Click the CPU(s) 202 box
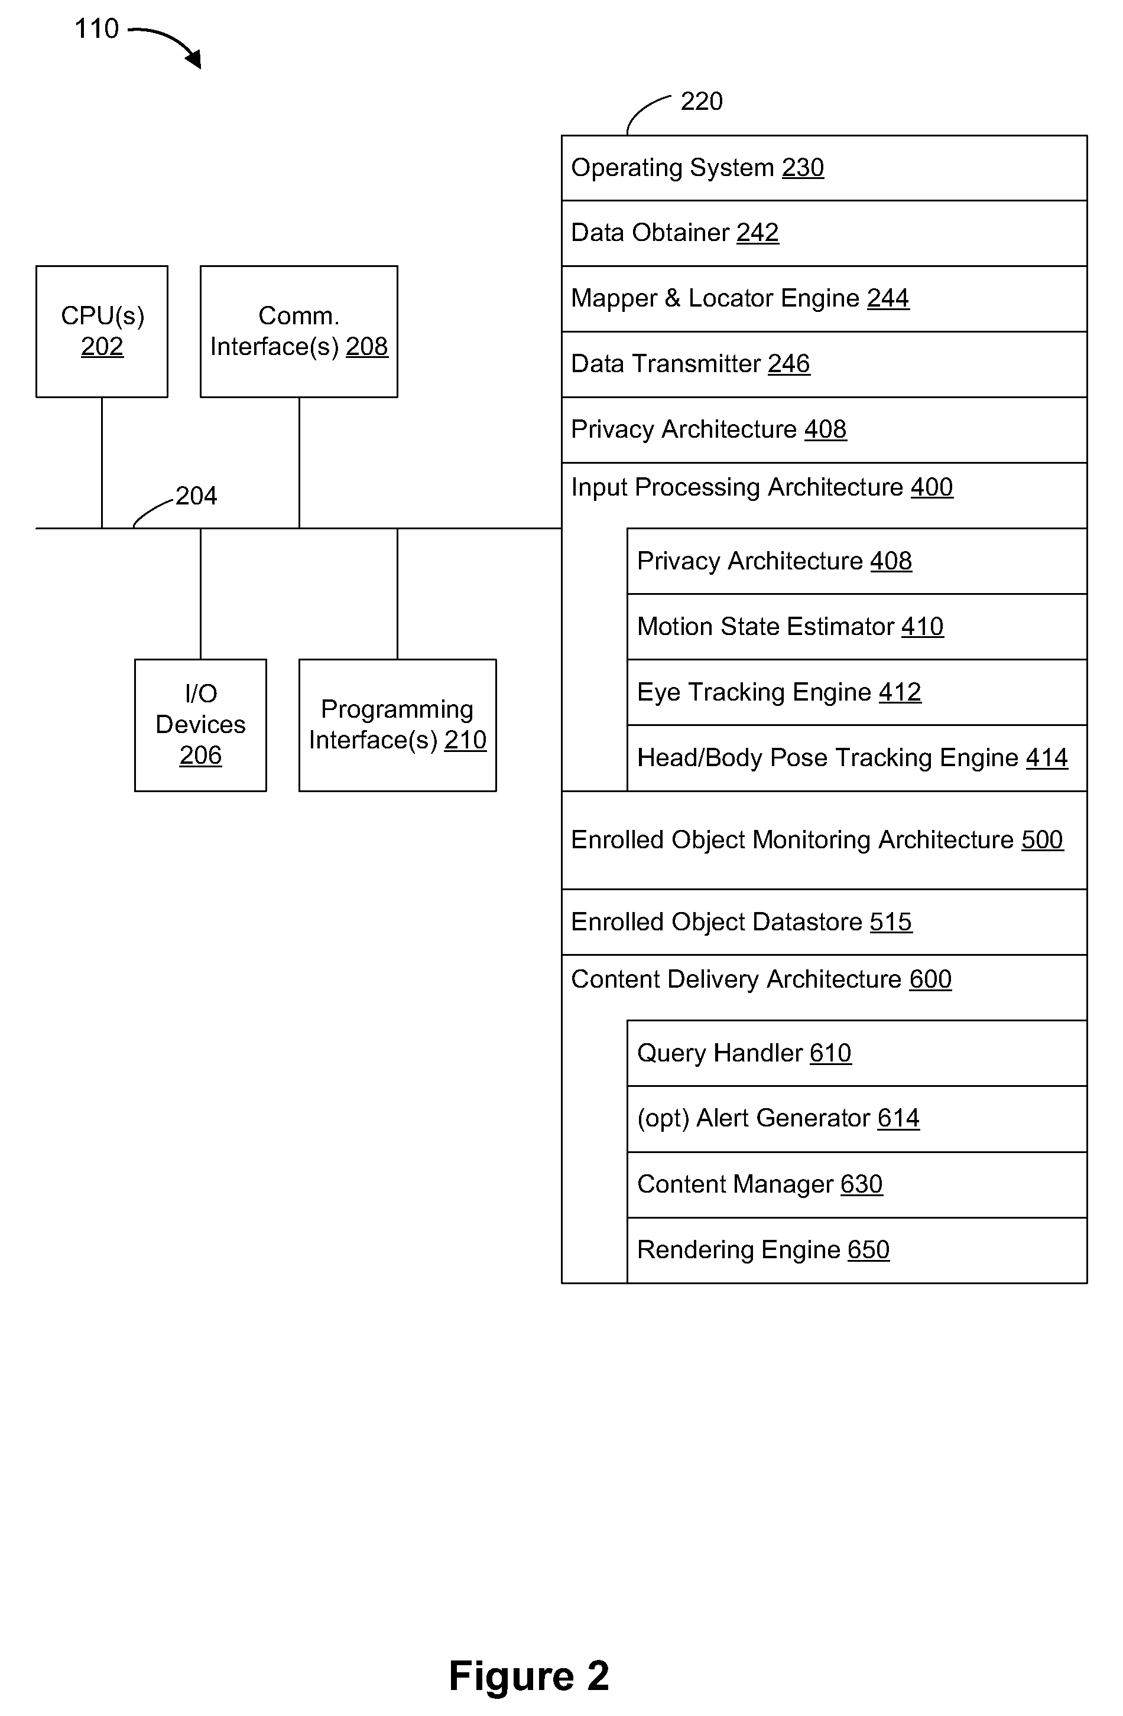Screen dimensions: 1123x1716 102,331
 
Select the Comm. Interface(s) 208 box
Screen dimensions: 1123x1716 298,331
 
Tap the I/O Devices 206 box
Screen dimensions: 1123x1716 200,725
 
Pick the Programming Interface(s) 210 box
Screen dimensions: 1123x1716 397,725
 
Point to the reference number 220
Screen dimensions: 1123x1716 701,102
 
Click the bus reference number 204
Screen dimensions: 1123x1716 196,496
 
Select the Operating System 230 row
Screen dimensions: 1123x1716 825,168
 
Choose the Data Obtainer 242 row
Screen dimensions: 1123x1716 825,233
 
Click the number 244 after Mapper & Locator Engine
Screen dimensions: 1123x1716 888,298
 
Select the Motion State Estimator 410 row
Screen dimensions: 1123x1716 857,627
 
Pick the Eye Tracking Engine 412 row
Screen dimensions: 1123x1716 857,692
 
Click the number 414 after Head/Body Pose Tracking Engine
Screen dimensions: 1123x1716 1047,758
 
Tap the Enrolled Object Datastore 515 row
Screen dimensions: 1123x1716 825,922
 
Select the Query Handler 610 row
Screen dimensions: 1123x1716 857,1053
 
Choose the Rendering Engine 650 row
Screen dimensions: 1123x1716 857,1250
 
